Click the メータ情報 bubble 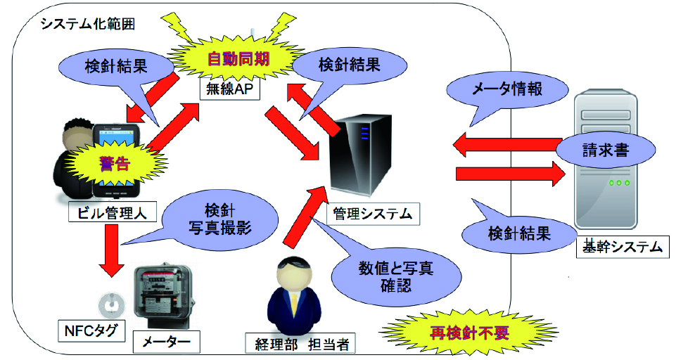(x=506, y=89)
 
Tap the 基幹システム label (x=619, y=246)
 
